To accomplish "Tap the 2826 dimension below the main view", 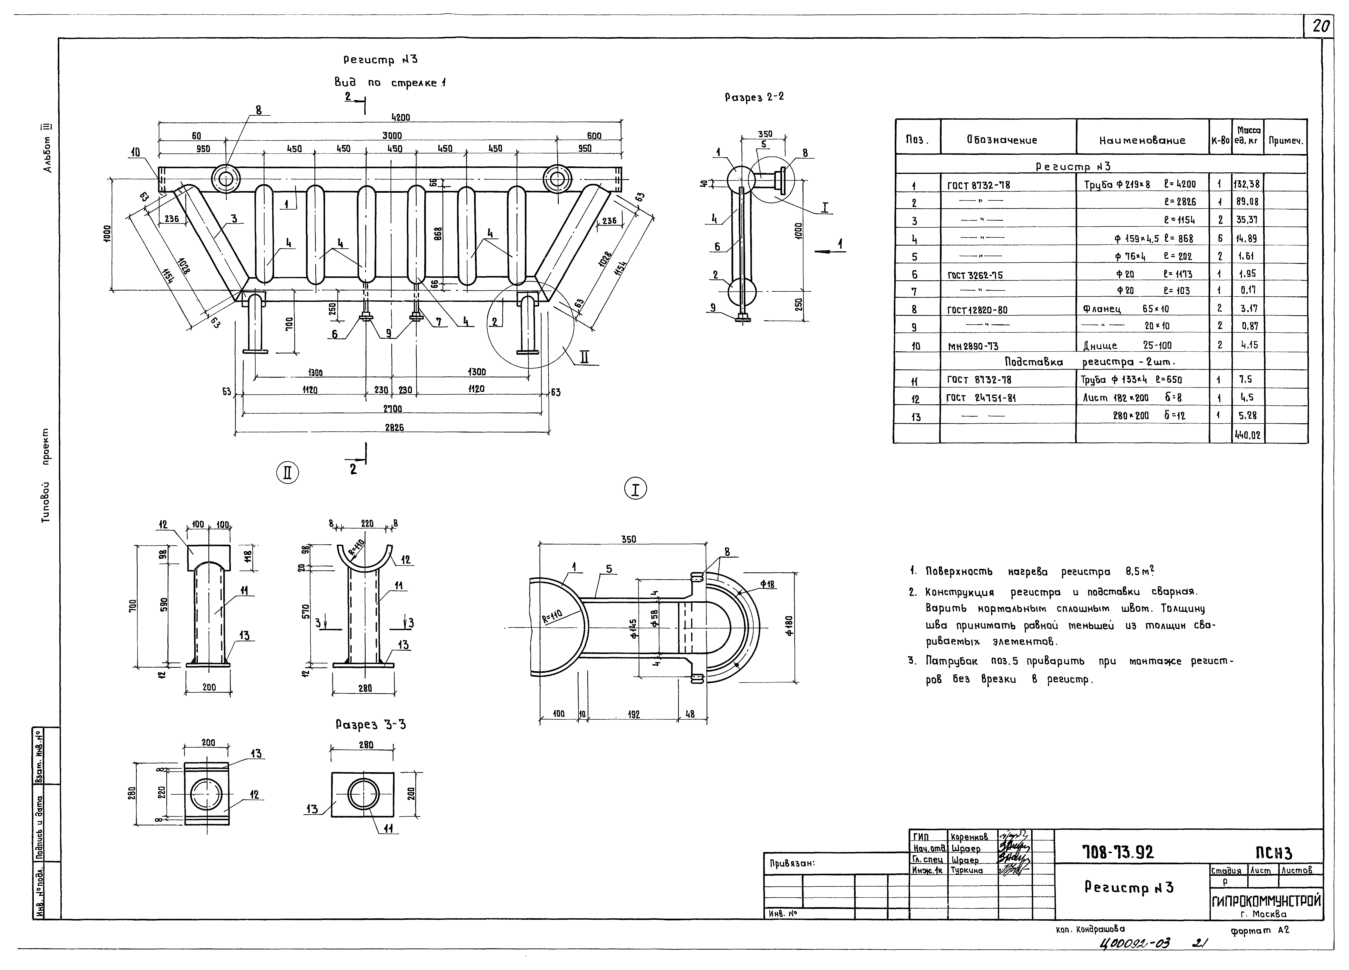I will tap(394, 427).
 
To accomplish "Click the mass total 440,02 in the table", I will tap(1247, 435).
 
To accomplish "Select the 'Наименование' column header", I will tap(1142, 140).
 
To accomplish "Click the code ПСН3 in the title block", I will tap(1273, 854).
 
